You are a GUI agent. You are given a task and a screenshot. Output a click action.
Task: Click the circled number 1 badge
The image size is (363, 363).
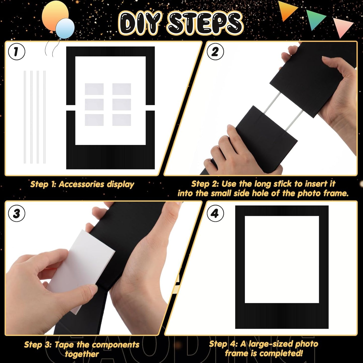pyautogui.click(x=17, y=51)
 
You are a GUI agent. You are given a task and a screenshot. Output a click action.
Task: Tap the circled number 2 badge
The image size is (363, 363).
pyautogui.click(x=215, y=51)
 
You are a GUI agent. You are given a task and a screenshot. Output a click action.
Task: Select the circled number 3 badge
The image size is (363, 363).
pyautogui.click(x=17, y=214)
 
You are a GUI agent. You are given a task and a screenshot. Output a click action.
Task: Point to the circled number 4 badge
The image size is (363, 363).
pyautogui.click(x=215, y=214)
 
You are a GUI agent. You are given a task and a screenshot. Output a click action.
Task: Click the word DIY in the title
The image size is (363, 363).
pyautogui.click(x=140, y=23)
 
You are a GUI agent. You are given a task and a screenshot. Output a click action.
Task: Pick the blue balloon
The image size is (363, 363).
pyautogui.click(x=65, y=28)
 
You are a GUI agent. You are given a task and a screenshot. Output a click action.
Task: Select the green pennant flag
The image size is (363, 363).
pyautogui.click(x=315, y=19)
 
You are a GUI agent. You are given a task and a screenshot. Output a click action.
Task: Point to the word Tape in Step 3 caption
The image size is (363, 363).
pyautogui.click(x=64, y=345)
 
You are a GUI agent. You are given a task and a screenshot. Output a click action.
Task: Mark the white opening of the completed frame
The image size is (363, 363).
pyautogui.click(x=282, y=259)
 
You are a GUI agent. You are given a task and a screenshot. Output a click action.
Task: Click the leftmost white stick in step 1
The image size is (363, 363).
pyautogui.click(x=25, y=117)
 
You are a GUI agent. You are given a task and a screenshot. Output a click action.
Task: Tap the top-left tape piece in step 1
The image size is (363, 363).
pyautogui.click(x=94, y=89)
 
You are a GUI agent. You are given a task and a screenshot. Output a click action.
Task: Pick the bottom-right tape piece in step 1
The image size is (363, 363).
pyautogui.click(x=122, y=120)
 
